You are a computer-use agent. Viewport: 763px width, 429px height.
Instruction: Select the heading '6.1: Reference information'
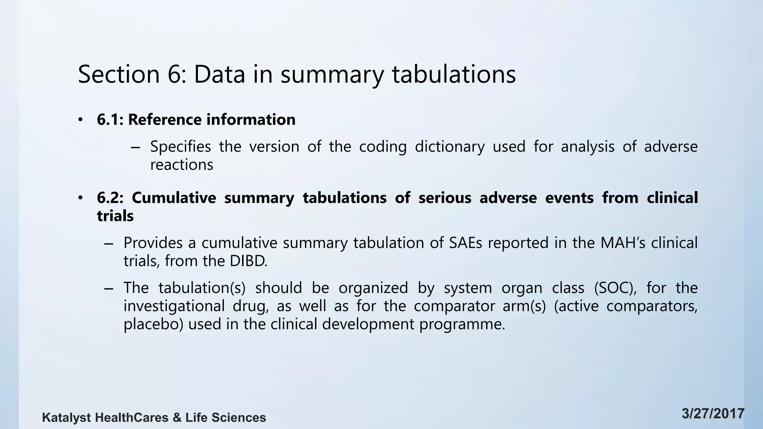(196, 120)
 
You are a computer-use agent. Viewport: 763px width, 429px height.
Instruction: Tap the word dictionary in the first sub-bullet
(450, 147)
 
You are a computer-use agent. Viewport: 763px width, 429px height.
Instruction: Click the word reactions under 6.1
(181, 165)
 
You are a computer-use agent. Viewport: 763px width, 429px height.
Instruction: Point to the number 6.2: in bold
(110, 198)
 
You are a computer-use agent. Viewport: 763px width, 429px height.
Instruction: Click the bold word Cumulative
(174, 198)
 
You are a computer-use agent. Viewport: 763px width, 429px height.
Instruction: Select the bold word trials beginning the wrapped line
(115, 216)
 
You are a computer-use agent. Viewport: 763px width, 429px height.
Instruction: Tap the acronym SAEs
(465, 243)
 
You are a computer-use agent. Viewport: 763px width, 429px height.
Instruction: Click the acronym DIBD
(248, 261)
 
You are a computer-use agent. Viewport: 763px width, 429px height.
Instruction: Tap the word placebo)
(153, 324)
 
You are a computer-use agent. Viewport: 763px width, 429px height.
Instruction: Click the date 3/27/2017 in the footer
(713, 414)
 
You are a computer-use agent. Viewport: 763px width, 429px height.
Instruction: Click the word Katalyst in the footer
(66, 418)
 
